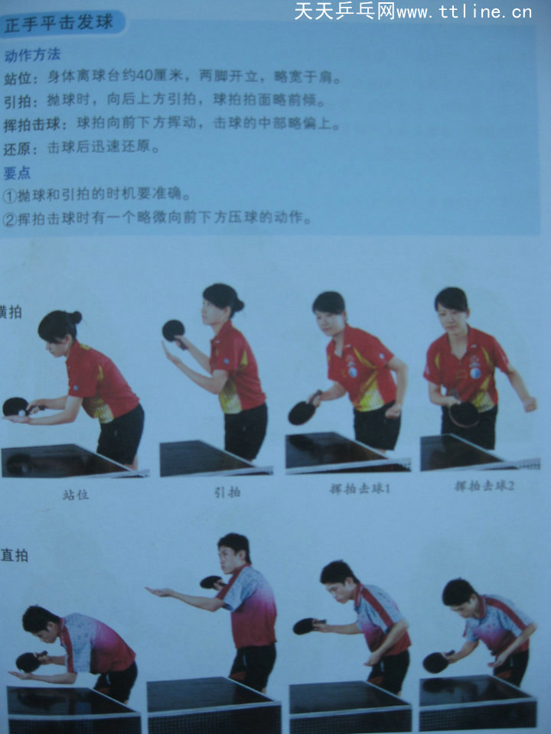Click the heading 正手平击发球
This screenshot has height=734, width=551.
(59, 24)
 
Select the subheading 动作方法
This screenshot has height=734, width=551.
(32, 55)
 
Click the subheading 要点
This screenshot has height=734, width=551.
(17, 173)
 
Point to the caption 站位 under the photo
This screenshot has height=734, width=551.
(75, 495)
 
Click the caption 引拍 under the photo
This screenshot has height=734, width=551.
(227, 492)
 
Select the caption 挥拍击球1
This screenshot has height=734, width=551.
(358, 488)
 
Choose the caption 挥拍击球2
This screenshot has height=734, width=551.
(484, 486)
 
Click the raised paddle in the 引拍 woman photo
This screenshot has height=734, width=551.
(173, 330)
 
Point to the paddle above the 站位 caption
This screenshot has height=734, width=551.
(15, 406)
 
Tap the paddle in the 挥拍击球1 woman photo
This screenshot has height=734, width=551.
(301, 412)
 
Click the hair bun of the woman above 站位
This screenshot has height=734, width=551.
(75, 317)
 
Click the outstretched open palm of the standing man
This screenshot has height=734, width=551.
(158, 593)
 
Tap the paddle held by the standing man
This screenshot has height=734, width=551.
(210, 582)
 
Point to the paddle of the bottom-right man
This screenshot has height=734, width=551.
(435, 662)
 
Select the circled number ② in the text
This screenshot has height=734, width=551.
(9, 219)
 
